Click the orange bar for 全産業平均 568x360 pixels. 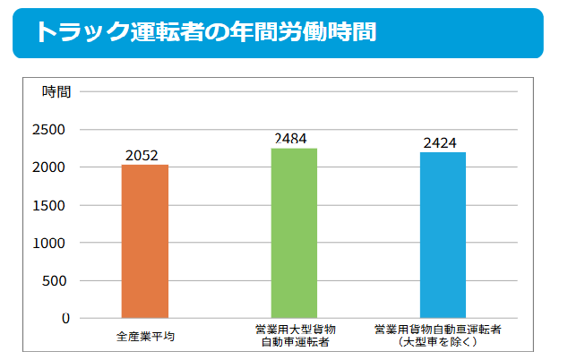[x=145, y=241]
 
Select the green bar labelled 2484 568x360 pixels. [x=294, y=233]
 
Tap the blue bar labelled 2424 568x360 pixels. [x=443, y=235]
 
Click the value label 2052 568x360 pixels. [x=143, y=156]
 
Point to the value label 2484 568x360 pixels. [x=294, y=139]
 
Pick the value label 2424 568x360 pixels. [x=443, y=143]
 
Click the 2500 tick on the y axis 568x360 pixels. [x=52, y=130]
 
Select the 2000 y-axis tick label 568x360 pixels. [x=52, y=167]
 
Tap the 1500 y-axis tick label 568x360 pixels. [x=52, y=205]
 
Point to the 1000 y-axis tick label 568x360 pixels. [x=52, y=243]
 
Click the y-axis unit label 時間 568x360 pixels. [x=56, y=91]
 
